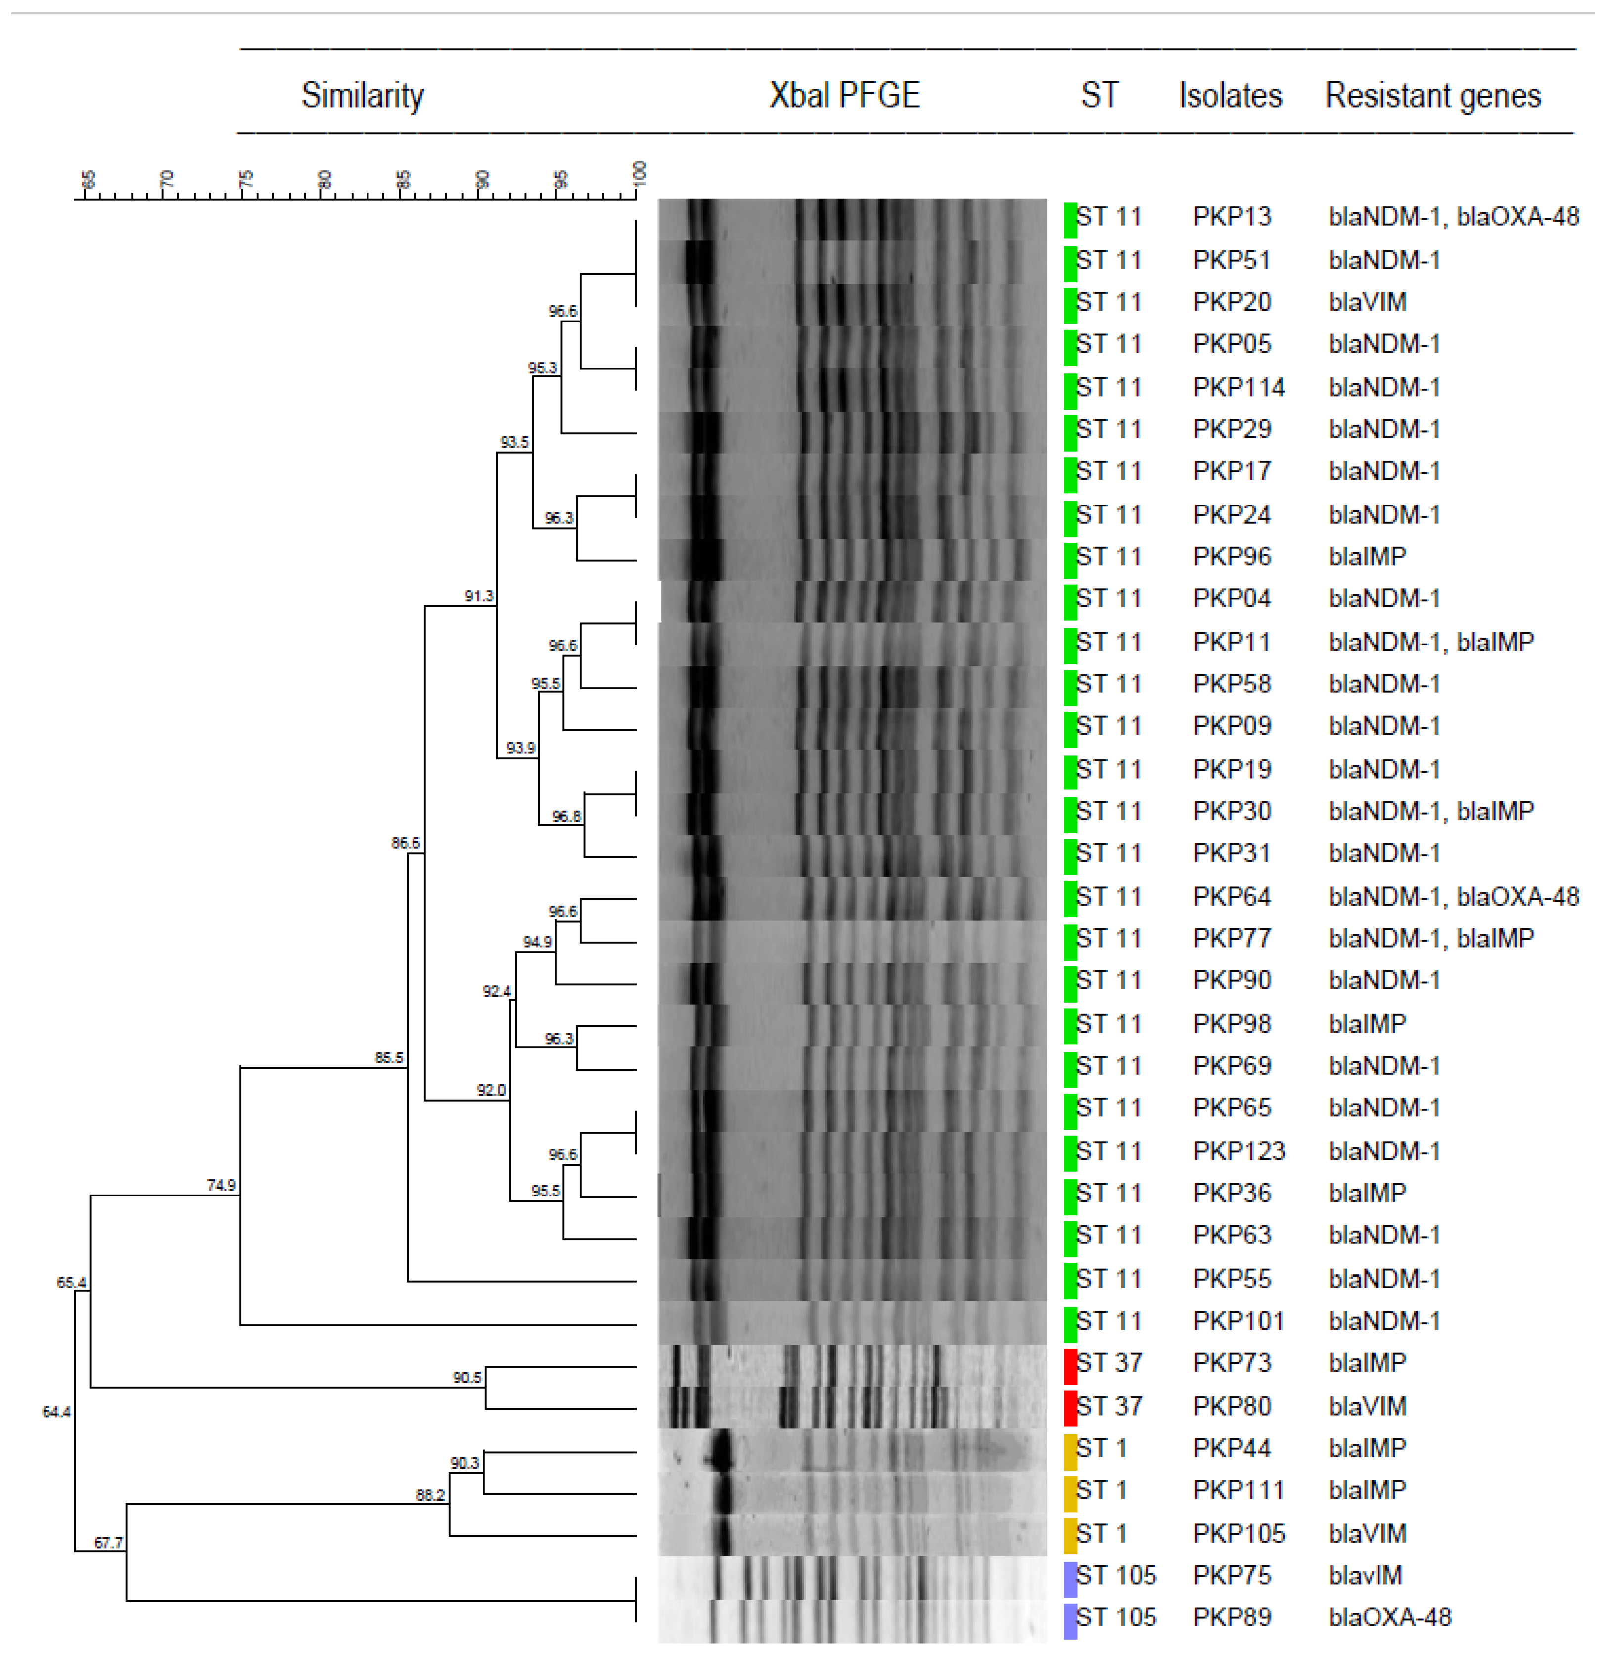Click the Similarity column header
pos(363,95)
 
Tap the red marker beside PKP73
pos(1070,1364)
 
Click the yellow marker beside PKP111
pos(1070,1491)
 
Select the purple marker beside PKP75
pos(1070,1576)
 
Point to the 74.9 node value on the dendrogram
pos(222,1186)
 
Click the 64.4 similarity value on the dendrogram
pos(56,1412)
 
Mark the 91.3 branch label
pos(479,597)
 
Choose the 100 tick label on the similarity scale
pos(640,173)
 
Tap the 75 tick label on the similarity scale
pos(246,179)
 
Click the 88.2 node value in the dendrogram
pos(430,1495)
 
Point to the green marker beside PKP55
pos(1070,1279)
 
